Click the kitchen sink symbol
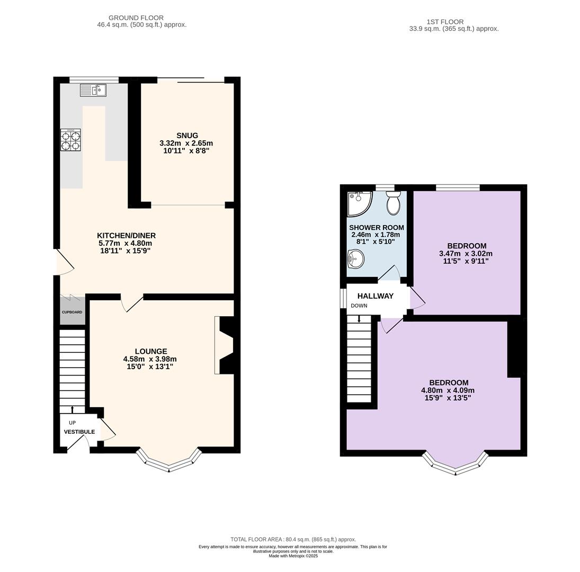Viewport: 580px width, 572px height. pos(93,90)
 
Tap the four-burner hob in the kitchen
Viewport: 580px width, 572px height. pos(70,140)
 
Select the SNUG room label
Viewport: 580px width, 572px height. pos(187,136)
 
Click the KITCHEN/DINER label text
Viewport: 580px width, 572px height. pos(126,236)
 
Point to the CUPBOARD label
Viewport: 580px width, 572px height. pos(72,312)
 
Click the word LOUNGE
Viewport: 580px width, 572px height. pos(151,351)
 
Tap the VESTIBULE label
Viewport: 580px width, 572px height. pos(79,432)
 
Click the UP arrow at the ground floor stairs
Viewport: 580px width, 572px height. pos(72,409)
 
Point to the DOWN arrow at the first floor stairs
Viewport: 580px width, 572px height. pos(359,319)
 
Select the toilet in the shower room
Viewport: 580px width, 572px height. pos(393,203)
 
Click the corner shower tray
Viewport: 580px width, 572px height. pos(359,204)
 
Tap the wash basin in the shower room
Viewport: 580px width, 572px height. pos(356,258)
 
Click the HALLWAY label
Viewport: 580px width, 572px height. pos(376,296)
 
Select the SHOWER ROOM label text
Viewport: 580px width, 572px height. pos(377,228)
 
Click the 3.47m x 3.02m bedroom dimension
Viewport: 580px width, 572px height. pos(466,254)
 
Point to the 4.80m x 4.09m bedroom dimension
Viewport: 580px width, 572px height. pos(448,390)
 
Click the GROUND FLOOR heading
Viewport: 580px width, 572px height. pos(136,18)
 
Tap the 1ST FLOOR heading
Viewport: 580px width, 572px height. pos(444,22)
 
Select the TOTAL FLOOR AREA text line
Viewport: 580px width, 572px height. pos(293,540)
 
